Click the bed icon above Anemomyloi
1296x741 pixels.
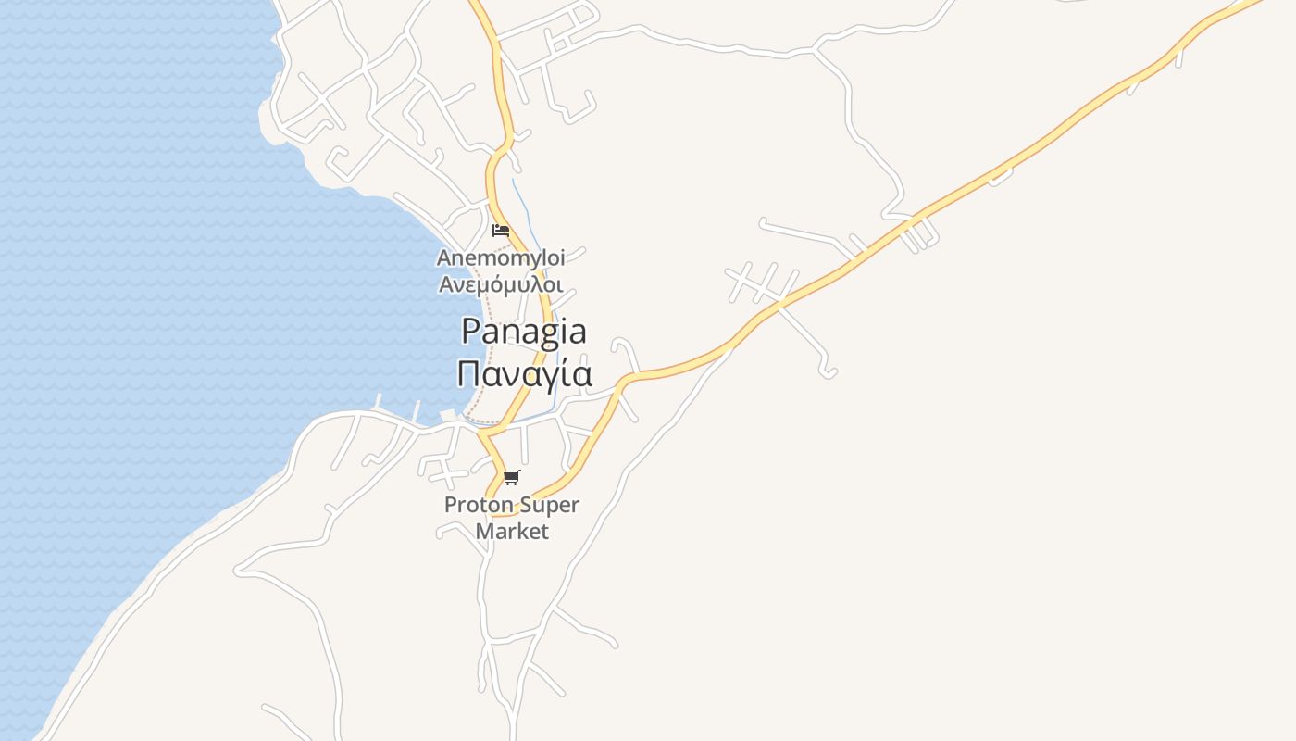[501, 230]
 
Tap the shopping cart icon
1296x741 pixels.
[512, 478]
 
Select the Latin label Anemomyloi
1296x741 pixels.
[500, 257]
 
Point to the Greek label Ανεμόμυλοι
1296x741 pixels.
[500, 284]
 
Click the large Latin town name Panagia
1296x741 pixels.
[524, 332]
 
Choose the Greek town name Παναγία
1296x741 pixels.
[525, 373]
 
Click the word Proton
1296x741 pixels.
[474, 506]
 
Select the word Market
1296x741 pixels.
[512, 532]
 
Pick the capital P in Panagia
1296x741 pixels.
[471, 331]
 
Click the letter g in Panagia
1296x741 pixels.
[542, 334]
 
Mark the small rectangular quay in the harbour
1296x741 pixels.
[449, 414]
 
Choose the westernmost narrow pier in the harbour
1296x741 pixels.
[378, 403]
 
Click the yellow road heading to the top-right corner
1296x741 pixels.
[1065, 126]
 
